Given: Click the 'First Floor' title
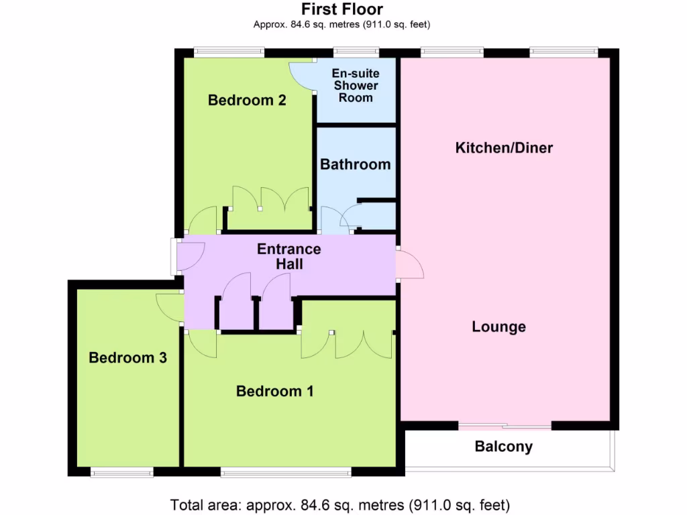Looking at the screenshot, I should point(342,9).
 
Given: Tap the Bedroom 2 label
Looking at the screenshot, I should point(247,101).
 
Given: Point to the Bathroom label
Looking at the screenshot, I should point(355,164).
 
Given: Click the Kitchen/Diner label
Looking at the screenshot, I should point(504,148).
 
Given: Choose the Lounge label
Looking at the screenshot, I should point(498,327).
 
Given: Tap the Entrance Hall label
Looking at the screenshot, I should point(289,256).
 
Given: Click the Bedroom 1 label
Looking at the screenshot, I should point(274,391).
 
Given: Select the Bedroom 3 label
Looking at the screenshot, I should point(127,358).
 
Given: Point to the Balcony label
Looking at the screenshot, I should point(503,447).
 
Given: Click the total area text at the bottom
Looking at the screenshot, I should point(340,504).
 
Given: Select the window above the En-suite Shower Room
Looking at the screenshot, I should point(356,51).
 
